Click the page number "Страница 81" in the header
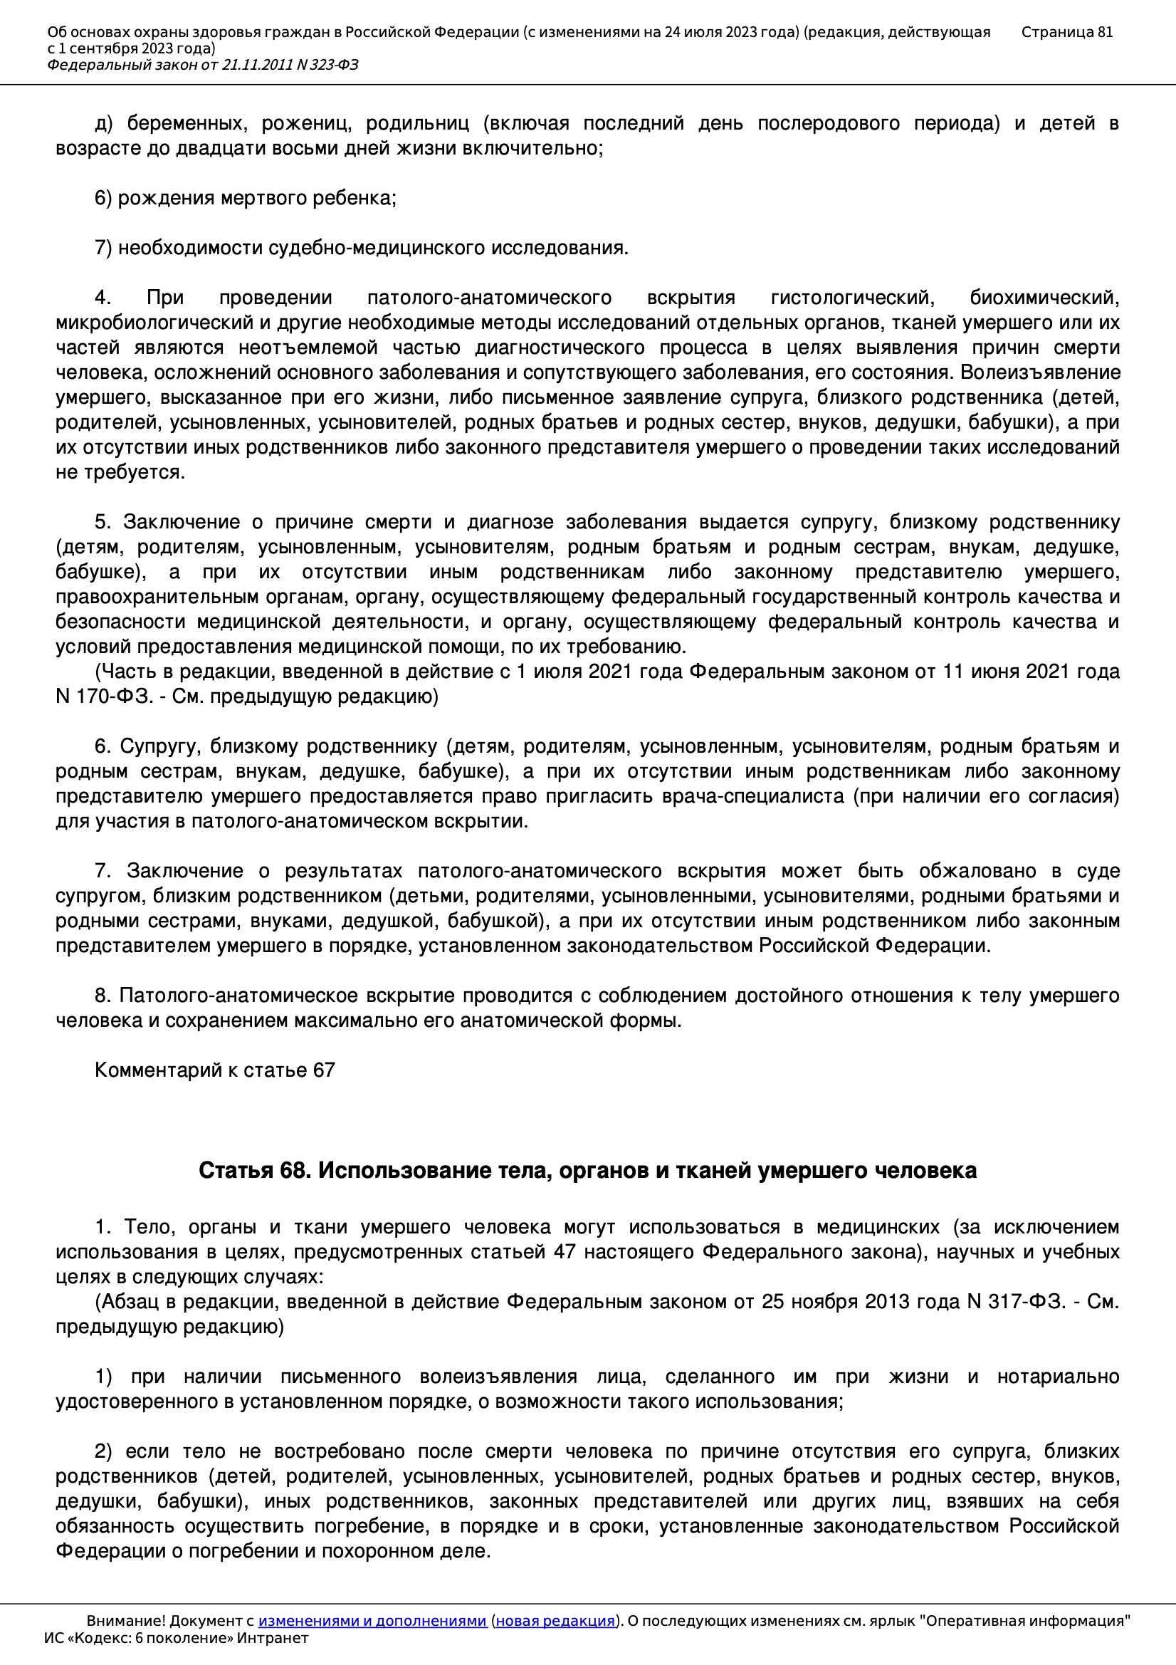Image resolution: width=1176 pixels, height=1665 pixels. click(1066, 32)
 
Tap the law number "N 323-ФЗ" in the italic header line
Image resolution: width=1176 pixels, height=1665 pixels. click(327, 66)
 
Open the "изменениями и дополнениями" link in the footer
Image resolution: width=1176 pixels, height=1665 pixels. click(372, 1621)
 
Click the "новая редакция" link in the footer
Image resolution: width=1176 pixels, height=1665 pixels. click(555, 1621)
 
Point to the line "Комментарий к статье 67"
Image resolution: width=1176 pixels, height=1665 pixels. click(214, 1070)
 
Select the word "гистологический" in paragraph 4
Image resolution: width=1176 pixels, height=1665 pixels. click(852, 298)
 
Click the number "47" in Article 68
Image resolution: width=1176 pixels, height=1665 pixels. click(564, 1253)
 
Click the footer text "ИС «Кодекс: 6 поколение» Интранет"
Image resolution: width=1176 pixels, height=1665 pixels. click(176, 1638)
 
